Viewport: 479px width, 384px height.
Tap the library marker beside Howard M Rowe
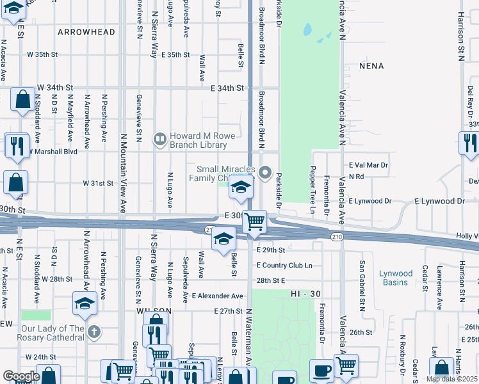point(159,138)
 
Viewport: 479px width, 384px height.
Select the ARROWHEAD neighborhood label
point(86,32)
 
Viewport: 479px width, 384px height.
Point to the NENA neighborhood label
point(371,66)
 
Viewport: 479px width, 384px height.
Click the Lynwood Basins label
point(396,278)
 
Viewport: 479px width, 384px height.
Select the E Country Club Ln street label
point(284,265)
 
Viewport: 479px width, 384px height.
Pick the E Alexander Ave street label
point(218,296)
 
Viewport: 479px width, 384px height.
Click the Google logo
point(21,376)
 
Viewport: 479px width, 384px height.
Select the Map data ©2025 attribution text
point(451,379)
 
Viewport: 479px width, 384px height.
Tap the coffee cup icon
point(321,370)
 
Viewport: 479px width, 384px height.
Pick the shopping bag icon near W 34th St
point(23,100)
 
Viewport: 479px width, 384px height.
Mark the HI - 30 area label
point(304,293)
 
